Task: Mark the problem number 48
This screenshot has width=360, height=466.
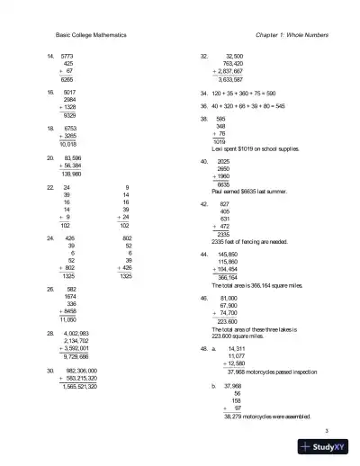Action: (204, 347)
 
